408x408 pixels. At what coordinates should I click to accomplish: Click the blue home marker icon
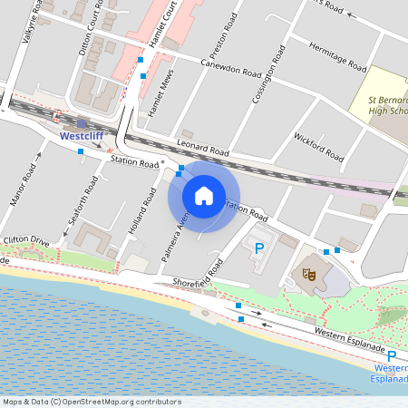point(204,195)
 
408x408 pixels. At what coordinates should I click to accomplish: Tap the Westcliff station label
point(82,136)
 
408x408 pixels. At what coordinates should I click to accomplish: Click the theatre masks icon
point(309,271)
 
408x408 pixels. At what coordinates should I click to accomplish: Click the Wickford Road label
point(319,148)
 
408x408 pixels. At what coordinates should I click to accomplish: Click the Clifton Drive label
point(26,241)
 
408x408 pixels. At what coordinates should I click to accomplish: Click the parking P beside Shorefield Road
point(259,248)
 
